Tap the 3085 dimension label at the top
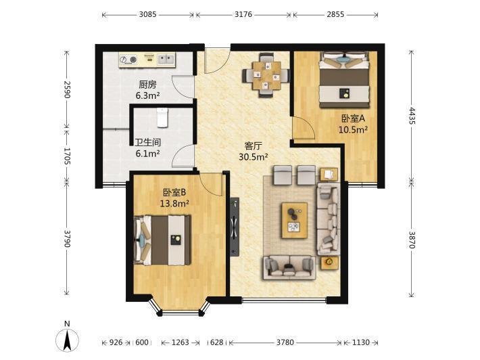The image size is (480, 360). pos(147,14)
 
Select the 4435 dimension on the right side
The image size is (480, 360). pos(412,116)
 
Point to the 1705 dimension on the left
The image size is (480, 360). pos(67,156)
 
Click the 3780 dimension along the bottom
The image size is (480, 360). pos(285,342)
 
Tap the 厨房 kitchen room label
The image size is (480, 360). pos(147,85)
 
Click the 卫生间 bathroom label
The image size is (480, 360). pos(148,142)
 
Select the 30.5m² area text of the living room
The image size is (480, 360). pos(254,157)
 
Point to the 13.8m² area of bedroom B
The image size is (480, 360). pos(174,203)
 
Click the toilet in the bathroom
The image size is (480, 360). pos(162,117)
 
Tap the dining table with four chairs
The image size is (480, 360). pos(266,75)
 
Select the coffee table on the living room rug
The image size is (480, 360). pos(295,220)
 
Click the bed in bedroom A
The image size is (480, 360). pos(344,80)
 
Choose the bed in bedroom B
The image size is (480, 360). pos(162,240)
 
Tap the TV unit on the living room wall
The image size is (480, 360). pos(235,227)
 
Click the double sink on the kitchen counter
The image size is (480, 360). pos(166,58)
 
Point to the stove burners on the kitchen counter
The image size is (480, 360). pos(128,60)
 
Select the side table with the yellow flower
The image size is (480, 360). pos(330,263)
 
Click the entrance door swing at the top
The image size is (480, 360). pos(217,61)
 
